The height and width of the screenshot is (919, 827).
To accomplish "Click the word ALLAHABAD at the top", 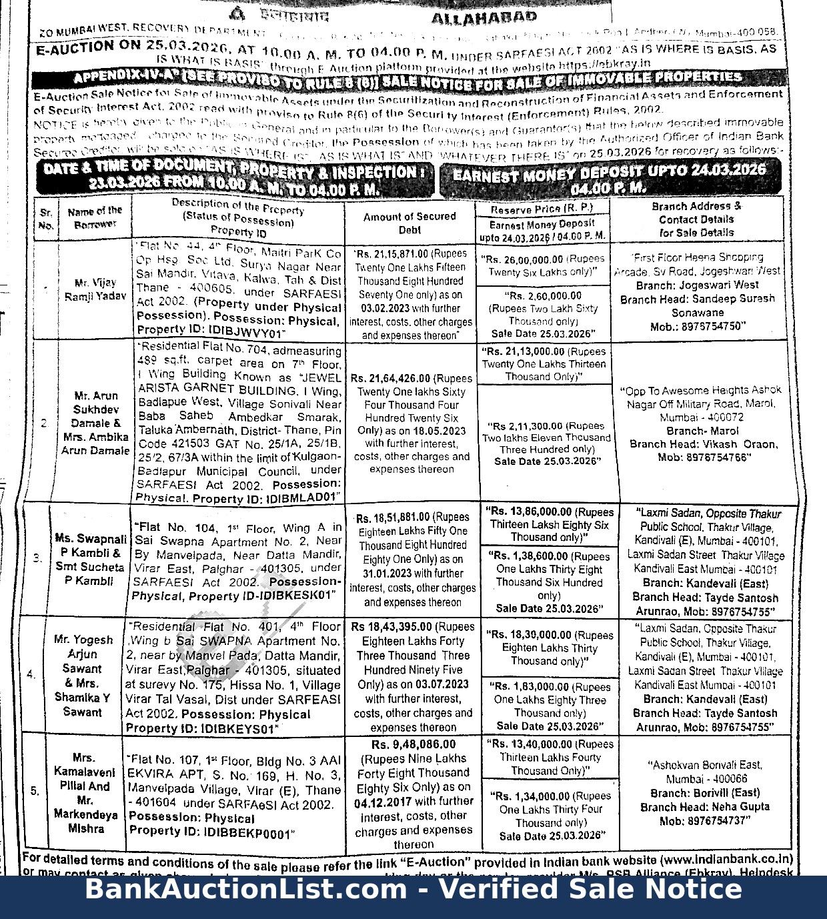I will (x=483, y=17).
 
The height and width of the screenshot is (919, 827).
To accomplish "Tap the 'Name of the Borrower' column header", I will (x=95, y=218).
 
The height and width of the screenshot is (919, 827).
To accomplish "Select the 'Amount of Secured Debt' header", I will (x=409, y=223).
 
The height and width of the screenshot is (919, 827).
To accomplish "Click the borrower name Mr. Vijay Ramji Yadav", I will (x=95, y=289).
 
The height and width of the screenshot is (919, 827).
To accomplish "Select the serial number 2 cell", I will (x=44, y=423).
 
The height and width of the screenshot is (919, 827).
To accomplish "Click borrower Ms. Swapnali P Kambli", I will (x=91, y=539).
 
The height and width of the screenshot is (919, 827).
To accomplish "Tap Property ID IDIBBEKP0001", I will (x=248, y=832).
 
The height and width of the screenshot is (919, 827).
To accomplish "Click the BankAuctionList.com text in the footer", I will (x=245, y=889).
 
